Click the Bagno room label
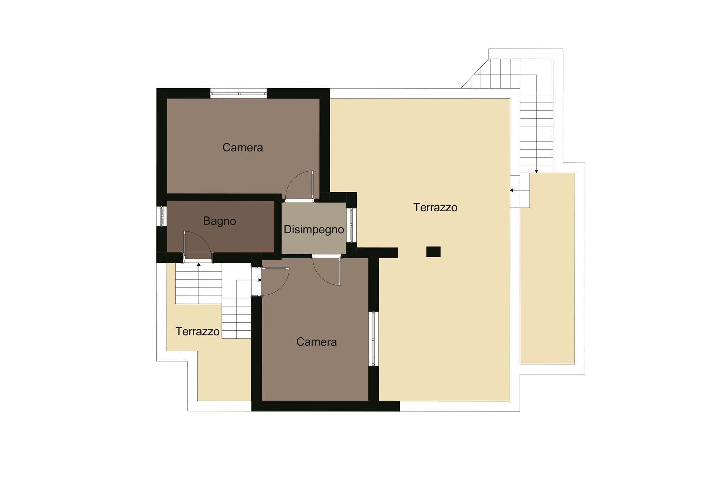(220, 221)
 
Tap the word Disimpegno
(314, 230)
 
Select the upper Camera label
(243, 148)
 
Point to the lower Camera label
(317, 342)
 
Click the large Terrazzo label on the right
(435, 208)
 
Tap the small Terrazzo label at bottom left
(197, 331)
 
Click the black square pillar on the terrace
(433, 252)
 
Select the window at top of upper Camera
(239, 94)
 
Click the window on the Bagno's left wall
(162, 216)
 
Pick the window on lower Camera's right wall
(373, 339)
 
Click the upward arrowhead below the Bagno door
(199, 264)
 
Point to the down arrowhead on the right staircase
(536, 171)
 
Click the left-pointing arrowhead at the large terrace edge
(511, 190)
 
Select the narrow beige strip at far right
(547, 269)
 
